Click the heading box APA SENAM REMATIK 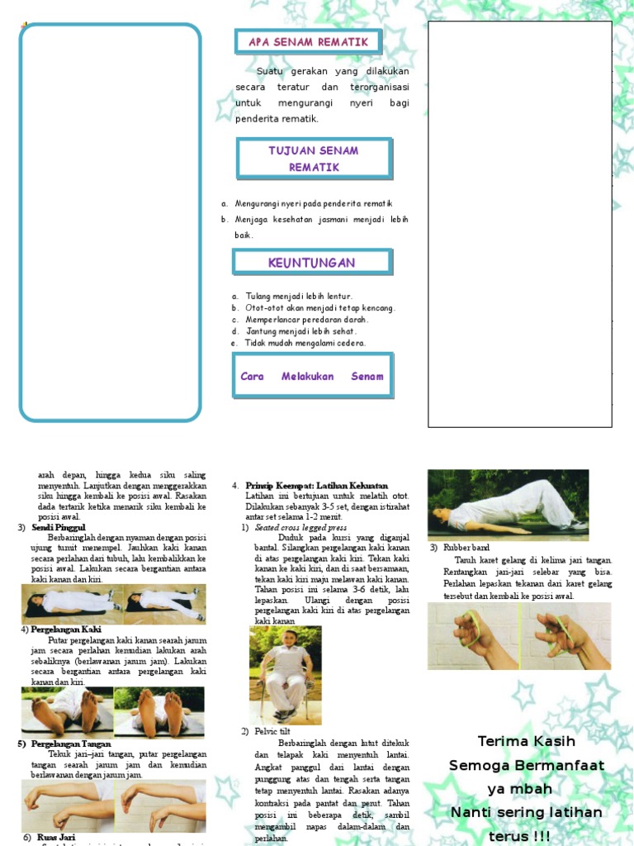coord(308,42)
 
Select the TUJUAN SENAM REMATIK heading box coord(314,159)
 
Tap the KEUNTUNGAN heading coord(311,263)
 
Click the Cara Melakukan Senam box coord(312,376)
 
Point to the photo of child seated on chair coord(285,673)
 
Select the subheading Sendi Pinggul coord(59,527)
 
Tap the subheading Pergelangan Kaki coord(67,630)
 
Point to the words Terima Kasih coord(527,741)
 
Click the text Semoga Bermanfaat coord(527,765)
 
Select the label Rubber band coord(466,548)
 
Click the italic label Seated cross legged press coord(300,527)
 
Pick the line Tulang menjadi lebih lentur coord(298,296)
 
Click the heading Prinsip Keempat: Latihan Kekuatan coord(316,485)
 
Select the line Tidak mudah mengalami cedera coord(305,342)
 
